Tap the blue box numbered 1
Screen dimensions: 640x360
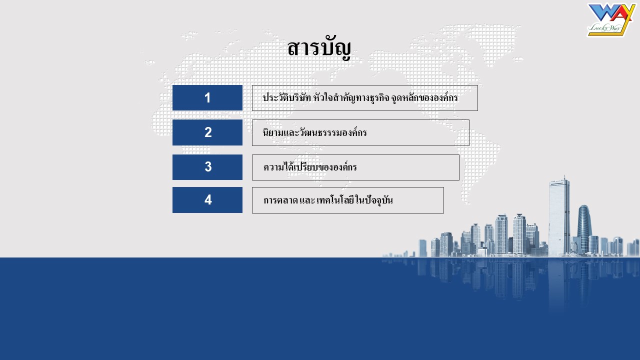click(207, 97)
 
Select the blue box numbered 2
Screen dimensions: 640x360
click(207, 132)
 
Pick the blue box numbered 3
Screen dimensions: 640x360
click(207, 167)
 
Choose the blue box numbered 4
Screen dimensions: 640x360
click(207, 200)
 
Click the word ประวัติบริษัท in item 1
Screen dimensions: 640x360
click(286, 97)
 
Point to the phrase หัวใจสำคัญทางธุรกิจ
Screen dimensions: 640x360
click(351, 97)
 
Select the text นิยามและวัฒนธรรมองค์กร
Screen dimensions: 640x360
click(314, 132)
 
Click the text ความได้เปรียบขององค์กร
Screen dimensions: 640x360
click(310, 166)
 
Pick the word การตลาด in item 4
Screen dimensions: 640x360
click(280, 200)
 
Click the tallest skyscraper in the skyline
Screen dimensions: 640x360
click(559, 217)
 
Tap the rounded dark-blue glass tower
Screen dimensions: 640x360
click(584, 228)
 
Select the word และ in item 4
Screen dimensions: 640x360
click(307, 200)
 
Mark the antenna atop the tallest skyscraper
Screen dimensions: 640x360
click(564, 177)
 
